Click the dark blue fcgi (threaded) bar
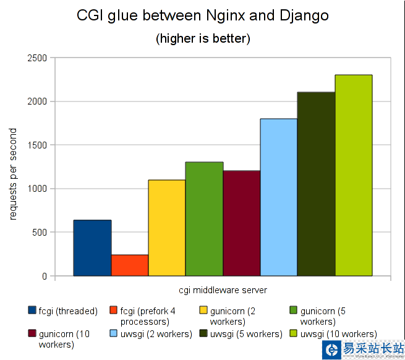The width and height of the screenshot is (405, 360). [92, 248]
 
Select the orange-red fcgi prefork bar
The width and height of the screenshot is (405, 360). [130, 265]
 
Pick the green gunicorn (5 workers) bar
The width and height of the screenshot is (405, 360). [204, 219]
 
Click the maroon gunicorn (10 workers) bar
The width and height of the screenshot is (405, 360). [242, 223]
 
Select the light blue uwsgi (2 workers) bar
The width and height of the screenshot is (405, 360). [279, 197]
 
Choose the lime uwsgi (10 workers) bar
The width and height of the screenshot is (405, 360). [354, 176]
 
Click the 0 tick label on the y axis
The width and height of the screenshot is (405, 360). [44, 276]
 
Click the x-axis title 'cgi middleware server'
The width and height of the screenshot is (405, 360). [223, 289]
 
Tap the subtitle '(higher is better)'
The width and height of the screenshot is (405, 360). [202, 38]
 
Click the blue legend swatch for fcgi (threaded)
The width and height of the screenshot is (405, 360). [32, 311]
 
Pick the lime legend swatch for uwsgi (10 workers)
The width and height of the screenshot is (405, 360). [294, 334]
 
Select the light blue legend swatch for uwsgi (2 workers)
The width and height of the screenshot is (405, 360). [114, 334]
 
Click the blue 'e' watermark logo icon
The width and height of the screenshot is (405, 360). [332, 349]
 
